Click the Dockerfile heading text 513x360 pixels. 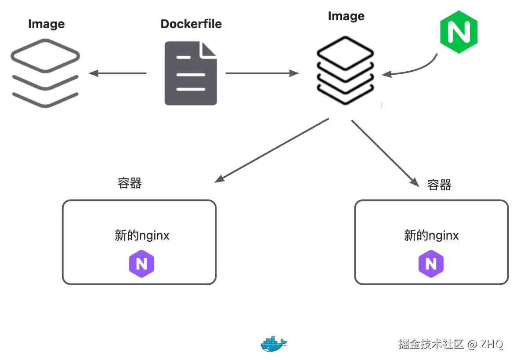point(191,24)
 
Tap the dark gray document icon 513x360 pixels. point(191,73)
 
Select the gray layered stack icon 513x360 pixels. point(45,73)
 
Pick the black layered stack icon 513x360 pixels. point(346,70)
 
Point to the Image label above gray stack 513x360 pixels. point(46,24)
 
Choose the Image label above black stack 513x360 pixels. point(346,16)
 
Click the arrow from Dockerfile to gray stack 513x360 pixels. point(117,73)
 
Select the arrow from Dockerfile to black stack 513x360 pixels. point(262,73)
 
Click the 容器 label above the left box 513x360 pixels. point(130,183)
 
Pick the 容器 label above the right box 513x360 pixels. point(439,185)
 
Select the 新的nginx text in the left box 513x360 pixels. point(142,236)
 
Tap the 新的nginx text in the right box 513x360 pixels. point(431,236)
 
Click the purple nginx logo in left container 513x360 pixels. point(141,264)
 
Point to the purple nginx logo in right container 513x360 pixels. point(431,264)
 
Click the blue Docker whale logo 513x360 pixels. point(273,344)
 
